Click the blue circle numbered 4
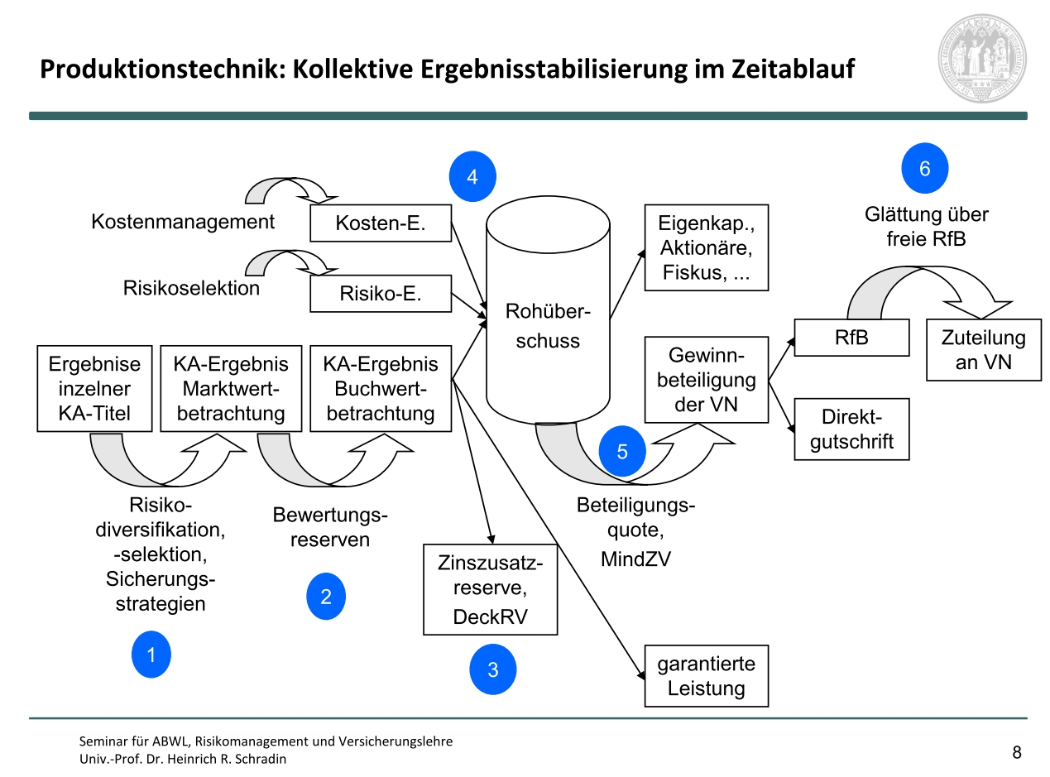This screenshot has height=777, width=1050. tap(472, 176)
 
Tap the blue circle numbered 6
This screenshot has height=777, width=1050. tap(924, 169)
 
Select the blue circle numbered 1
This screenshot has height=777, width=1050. tap(151, 655)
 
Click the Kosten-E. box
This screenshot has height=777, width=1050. tap(381, 223)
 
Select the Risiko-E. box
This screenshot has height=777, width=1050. tap(381, 294)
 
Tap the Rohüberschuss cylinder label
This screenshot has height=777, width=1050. tap(547, 326)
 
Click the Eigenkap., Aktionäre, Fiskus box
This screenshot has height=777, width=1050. tap(706, 247)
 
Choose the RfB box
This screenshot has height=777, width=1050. tap(851, 338)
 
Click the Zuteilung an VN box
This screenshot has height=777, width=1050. tap(983, 350)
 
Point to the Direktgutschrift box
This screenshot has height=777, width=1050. tap(851, 429)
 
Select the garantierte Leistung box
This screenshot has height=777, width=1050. tap(706, 676)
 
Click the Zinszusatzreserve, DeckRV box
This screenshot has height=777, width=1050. tap(490, 589)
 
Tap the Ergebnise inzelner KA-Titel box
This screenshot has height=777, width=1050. tap(95, 388)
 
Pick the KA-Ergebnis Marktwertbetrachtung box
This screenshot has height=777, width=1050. tap(231, 388)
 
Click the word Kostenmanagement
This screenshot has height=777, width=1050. tap(183, 222)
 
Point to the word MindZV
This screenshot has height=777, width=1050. tap(635, 559)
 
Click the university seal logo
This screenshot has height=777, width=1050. tap(982, 57)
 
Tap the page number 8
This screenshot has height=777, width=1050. tap(1017, 752)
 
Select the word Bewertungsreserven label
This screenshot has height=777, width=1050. tap(330, 528)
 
